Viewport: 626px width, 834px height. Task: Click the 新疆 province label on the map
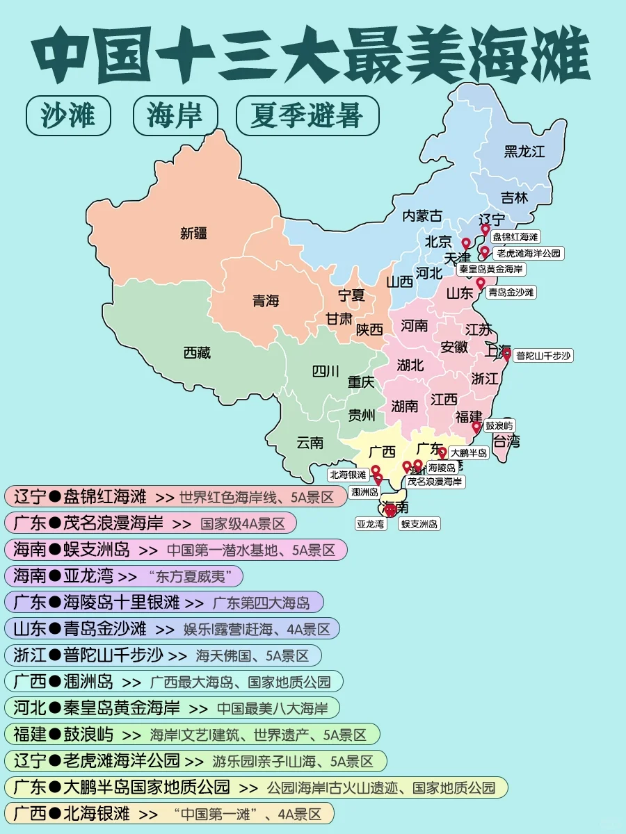(193, 234)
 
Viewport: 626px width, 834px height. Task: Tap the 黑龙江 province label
(524, 152)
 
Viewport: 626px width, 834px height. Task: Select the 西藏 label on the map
(197, 353)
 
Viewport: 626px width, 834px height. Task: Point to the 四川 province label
(326, 371)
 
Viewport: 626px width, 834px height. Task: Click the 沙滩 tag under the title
(68, 115)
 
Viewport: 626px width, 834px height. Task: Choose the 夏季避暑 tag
(307, 115)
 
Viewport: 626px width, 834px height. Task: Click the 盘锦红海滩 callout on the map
(515, 238)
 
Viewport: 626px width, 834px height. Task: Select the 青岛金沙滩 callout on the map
(511, 293)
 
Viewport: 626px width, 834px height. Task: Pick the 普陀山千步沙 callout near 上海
(543, 356)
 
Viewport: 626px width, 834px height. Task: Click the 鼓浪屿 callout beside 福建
(499, 425)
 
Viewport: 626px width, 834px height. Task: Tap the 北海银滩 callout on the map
(348, 475)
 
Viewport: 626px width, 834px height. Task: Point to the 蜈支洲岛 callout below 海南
(419, 524)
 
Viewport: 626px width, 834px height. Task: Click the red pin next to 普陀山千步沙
(506, 354)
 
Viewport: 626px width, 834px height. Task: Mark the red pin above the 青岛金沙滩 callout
(480, 283)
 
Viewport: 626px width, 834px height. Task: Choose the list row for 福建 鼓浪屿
(192, 735)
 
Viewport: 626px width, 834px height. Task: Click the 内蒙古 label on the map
(422, 216)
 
